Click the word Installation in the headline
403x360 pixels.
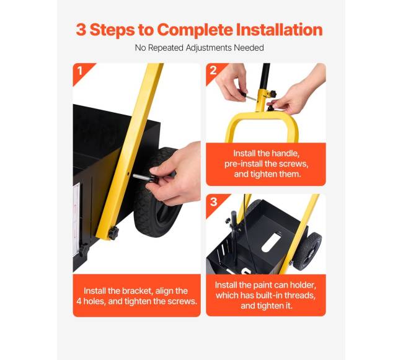[279, 30]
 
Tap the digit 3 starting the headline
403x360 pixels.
[81, 30]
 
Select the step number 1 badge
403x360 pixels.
[80, 71]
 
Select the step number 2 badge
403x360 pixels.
[213, 71]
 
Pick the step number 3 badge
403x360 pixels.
[213, 202]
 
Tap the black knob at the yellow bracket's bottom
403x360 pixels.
[113, 233]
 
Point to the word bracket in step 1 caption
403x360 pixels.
[136, 291]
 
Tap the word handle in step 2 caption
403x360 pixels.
[285, 154]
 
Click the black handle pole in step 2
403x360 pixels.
[265, 76]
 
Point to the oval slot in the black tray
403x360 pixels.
[271, 242]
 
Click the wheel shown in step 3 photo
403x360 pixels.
[308, 252]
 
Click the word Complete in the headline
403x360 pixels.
[195, 30]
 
